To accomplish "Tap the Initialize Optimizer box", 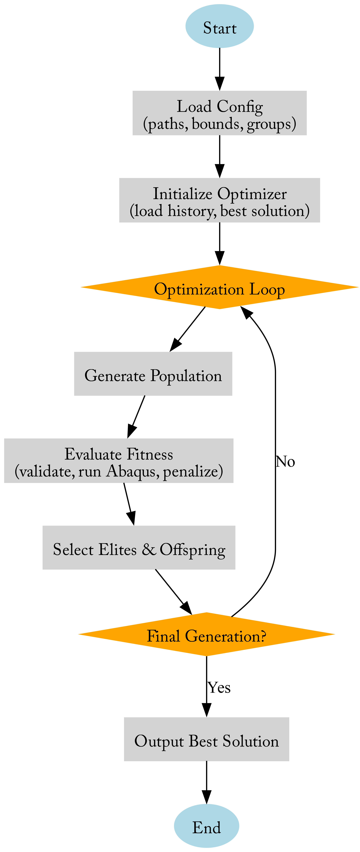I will (219, 200).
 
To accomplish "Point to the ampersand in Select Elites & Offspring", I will (149, 549).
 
